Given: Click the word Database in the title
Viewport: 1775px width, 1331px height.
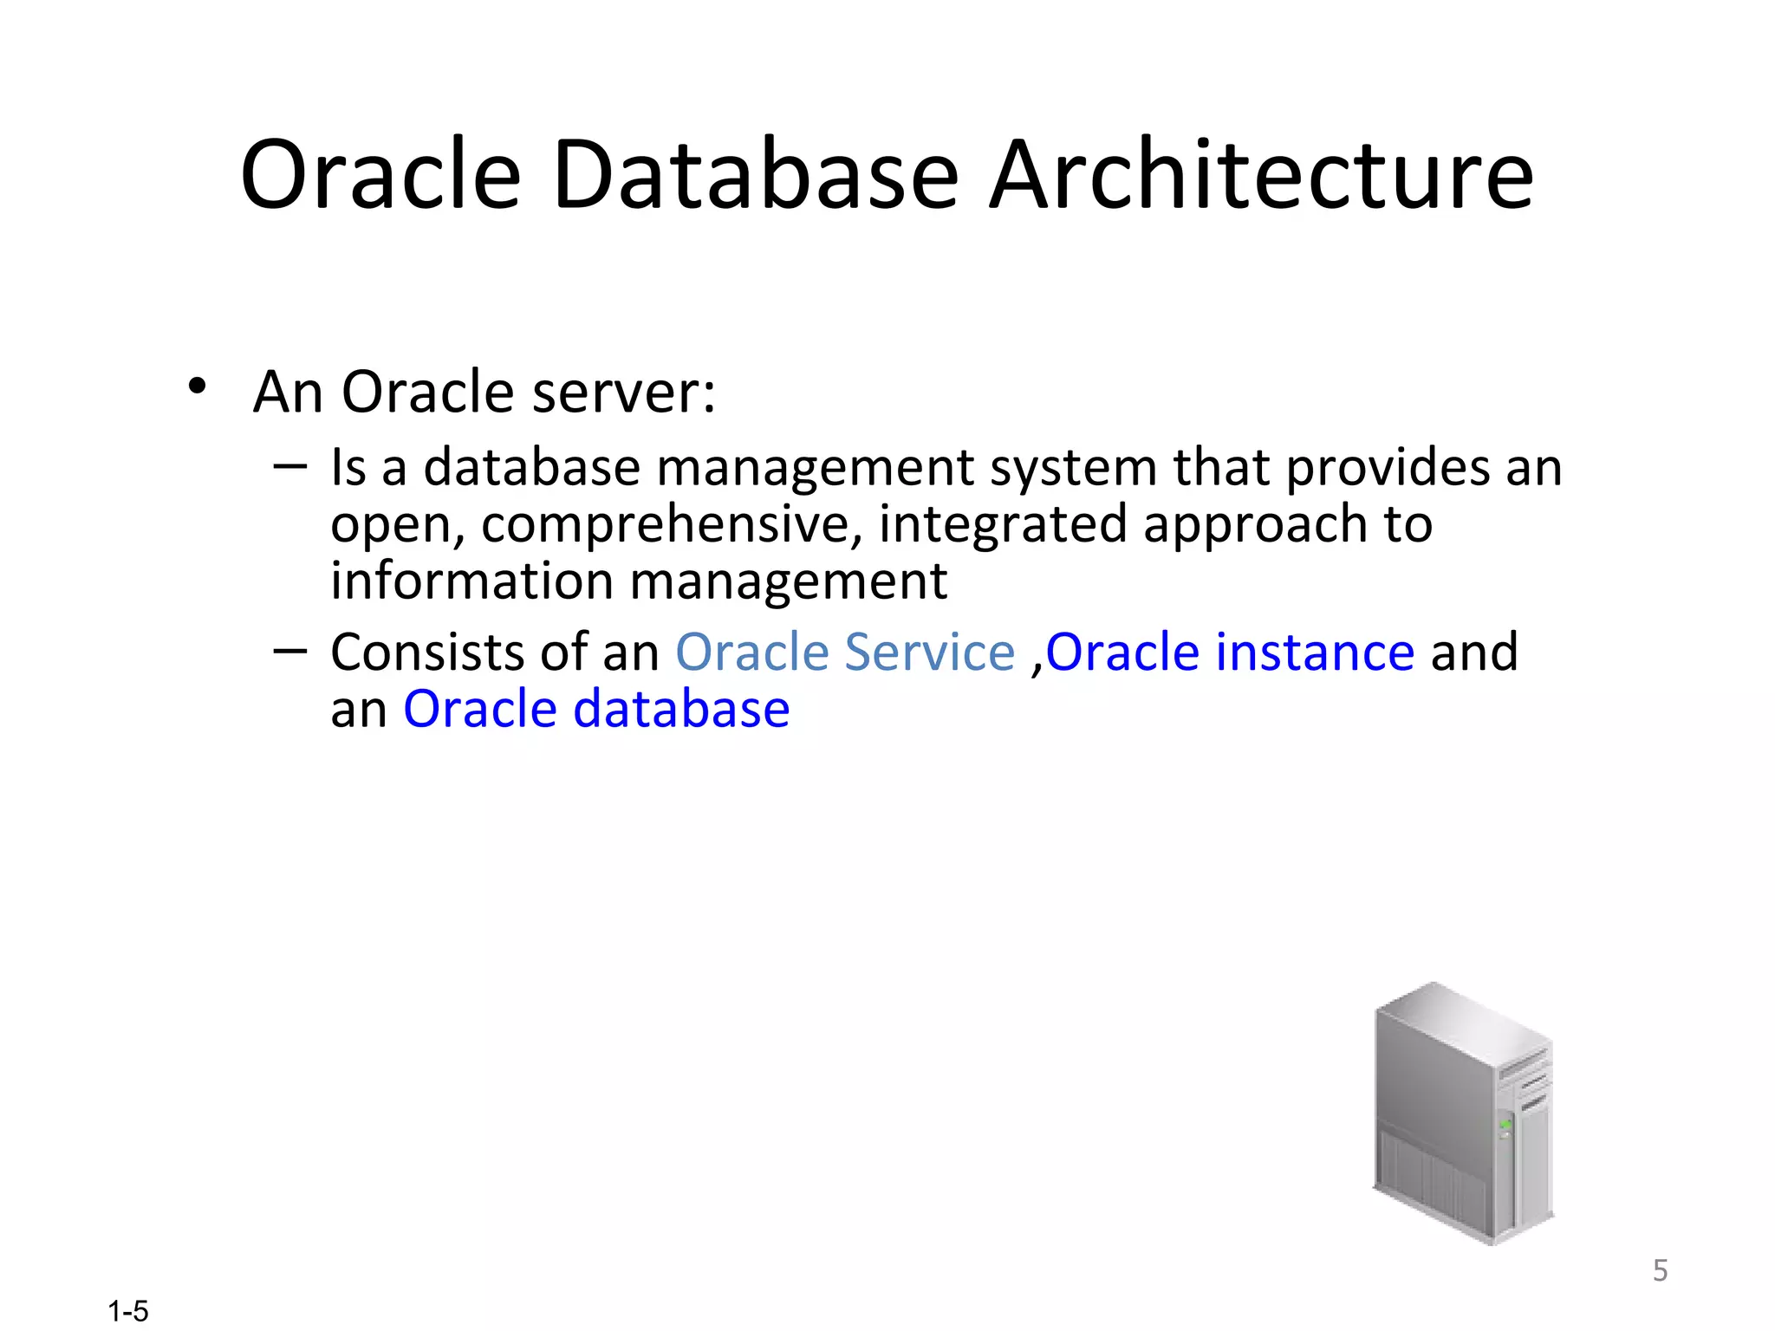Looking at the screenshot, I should (756, 175).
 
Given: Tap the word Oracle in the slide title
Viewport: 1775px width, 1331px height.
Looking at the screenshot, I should (380, 175).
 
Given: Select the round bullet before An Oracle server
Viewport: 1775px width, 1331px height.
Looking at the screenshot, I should (198, 387).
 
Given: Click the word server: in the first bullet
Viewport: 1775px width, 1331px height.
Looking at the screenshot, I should (624, 393).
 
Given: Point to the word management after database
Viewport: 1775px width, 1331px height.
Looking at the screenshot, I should (816, 469).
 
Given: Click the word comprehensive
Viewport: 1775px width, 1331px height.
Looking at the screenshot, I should (672, 525).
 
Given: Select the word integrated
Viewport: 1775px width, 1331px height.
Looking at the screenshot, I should (1002, 525).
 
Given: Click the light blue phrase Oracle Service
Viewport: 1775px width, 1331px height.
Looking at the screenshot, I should (845, 653).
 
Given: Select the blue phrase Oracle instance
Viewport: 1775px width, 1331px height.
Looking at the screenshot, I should (1231, 653).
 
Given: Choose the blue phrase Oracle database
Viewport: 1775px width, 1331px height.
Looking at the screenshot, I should (596, 710).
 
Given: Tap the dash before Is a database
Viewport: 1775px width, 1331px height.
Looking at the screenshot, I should (289, 466).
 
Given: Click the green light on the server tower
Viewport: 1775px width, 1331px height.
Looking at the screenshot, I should (1505, 1125).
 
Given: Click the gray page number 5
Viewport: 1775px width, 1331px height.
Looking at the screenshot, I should (1660, 1270).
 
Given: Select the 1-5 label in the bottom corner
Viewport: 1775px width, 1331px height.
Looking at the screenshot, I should (128, 1311).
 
